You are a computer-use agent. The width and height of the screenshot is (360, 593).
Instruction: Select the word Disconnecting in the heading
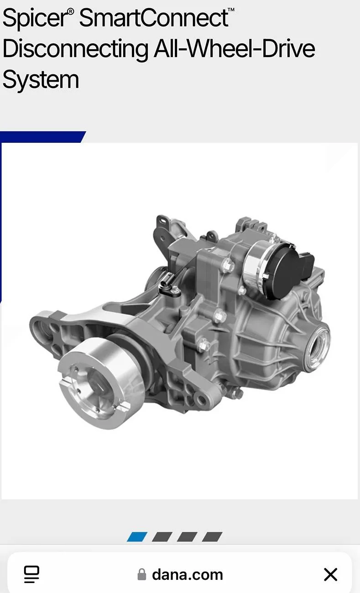pos(75,49)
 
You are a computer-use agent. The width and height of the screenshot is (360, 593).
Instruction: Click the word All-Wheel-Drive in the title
pos(235,48)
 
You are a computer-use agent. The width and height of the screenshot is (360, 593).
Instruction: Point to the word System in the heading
pos(41,80)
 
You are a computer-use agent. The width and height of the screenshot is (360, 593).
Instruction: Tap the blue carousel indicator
pos(137,536)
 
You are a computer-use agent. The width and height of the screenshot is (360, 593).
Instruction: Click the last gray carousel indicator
pos(212,536)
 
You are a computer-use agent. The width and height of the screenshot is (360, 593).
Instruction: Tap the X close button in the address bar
pos(331,574)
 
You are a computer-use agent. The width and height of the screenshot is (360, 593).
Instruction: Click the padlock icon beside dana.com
pos(142,574)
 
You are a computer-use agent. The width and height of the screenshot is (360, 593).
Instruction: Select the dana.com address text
pos(188,575)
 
